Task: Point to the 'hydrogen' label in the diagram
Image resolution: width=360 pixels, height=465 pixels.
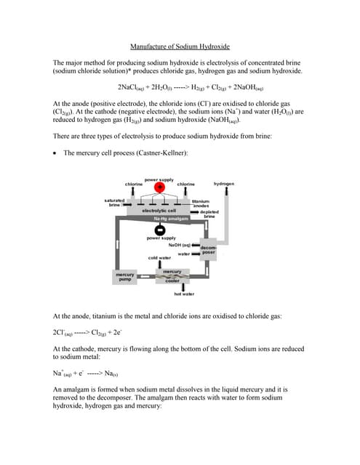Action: click(224, 184)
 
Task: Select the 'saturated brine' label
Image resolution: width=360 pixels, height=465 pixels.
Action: click(114, 203)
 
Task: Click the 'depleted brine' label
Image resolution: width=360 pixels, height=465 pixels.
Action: click(209, 214)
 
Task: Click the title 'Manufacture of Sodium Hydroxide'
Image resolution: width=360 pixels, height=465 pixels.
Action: click(179, 45)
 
